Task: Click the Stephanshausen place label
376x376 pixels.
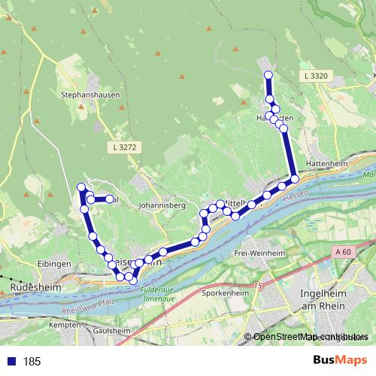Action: tap(85, 96)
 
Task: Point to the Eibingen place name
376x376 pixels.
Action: tap(55, 264)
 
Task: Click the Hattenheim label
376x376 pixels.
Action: tap(324, 162)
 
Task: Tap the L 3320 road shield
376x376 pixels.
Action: tap(317, 77)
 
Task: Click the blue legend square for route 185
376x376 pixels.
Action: tap(11, 362)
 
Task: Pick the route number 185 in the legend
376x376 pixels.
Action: tap(32, 362)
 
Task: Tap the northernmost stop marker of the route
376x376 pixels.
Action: tap(268, 74)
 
